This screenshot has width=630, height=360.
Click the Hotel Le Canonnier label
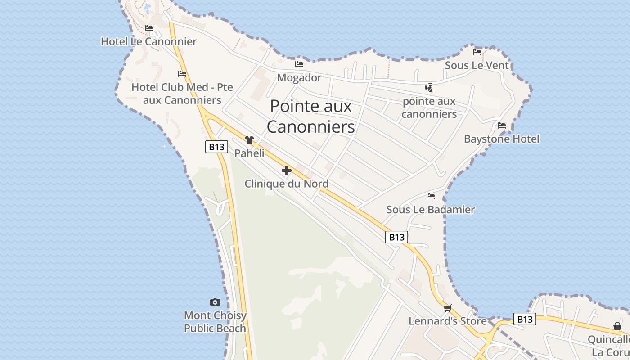tap(148, 42)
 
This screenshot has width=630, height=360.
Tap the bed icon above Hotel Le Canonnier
tap(149, 28)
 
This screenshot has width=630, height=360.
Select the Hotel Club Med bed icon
tap(182, 73)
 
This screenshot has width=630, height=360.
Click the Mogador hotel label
tap(299, 78)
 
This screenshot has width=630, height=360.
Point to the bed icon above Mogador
tap(299, 64)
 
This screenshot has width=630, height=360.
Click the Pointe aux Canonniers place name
tap(311, 117)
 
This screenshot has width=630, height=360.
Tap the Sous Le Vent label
tap(477, 66)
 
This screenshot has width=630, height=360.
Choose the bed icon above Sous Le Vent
tap(477, 52)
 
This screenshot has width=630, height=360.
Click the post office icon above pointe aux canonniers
tap(429, 87)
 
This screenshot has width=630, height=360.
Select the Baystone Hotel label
tap(502, 139)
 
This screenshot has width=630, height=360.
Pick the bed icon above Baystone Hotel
tap(502, 126)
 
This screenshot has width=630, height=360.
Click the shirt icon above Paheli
tap(249, 140)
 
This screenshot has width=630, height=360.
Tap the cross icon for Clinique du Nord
tap(287, 171)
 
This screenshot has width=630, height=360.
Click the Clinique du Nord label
tap(287, 184)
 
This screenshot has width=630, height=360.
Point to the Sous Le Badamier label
tap(431, 210)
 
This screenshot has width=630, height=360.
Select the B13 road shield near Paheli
tap(216, 147)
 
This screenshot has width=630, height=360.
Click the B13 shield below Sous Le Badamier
tap(396, 237)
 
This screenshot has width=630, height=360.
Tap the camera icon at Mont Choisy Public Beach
tap(215, 302)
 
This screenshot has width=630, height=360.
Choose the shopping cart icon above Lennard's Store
tap(447, 308)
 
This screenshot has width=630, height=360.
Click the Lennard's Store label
tap(447, 321)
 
